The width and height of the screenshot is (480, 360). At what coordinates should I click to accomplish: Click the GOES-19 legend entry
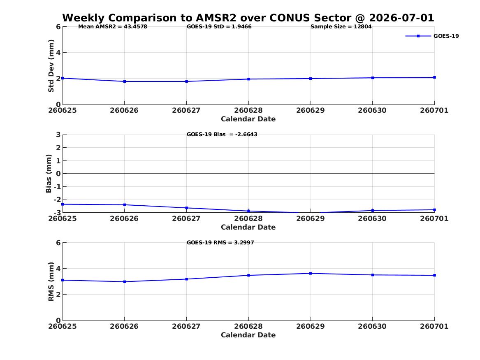432,36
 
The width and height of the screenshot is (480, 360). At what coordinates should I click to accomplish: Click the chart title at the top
248,18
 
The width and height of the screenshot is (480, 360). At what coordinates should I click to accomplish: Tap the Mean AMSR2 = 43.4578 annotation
113,27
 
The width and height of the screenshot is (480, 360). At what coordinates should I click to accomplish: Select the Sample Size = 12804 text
341,27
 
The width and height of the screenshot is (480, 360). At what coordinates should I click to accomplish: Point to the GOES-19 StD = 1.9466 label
219,27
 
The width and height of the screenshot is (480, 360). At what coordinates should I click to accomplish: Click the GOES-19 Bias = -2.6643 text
222,135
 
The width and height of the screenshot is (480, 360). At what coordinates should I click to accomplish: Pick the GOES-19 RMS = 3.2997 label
220,242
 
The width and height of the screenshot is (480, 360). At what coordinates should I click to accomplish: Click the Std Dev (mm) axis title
51,66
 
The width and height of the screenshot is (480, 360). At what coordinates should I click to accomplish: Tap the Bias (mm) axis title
49,174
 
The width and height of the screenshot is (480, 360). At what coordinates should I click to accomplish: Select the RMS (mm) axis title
51,282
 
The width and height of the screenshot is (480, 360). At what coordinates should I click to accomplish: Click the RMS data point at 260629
311,273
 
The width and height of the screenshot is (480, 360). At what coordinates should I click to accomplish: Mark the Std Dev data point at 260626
124,81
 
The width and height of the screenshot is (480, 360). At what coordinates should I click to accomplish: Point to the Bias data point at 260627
186,208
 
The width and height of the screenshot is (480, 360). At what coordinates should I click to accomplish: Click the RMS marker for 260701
434,275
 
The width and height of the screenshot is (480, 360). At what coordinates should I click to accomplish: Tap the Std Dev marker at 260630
373,78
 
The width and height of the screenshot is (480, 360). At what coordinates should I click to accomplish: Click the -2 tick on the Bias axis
57,200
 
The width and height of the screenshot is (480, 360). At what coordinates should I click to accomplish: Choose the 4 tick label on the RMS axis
58,269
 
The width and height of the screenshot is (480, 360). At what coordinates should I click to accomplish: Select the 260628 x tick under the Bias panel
248,218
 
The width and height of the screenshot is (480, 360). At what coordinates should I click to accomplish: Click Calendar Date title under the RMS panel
248,335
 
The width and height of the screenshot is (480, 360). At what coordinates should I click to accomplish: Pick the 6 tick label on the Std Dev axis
58,27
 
